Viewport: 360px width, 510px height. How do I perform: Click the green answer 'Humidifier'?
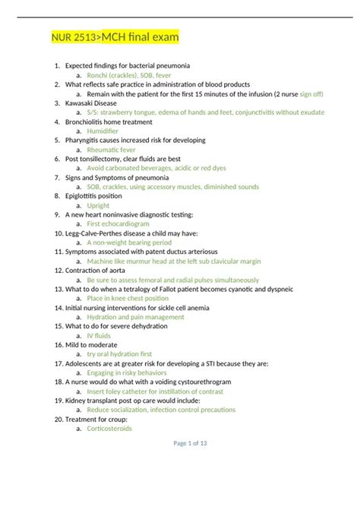pos(103,131)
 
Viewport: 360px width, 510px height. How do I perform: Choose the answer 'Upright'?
pos(99,205)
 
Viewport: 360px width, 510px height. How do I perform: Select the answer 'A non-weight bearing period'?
pos(129,242)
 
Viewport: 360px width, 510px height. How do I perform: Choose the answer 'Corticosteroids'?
pos(110,428)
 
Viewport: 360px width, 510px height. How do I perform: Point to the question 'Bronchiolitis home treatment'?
pos(109,122)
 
